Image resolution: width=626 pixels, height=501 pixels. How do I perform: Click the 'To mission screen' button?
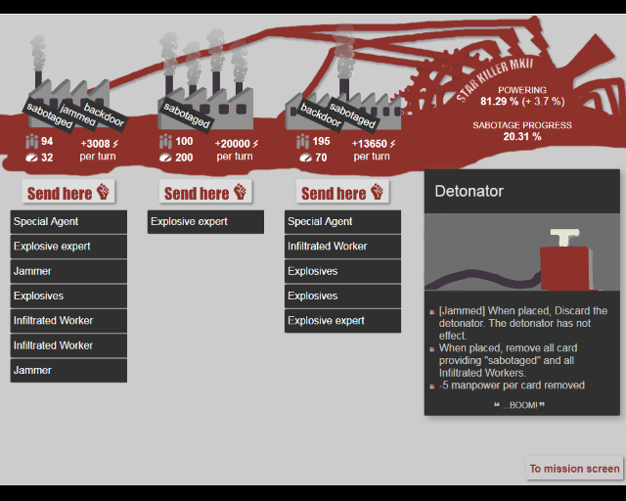[574, 469]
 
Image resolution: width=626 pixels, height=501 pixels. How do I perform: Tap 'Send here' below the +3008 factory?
[68, 192]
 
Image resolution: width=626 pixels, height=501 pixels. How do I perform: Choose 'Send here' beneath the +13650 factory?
[342, 192]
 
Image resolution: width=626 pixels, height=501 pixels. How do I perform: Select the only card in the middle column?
[205, 222]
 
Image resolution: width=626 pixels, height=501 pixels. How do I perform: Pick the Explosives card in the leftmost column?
[68, 296]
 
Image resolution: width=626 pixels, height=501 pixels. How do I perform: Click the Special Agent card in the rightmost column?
[342, 222]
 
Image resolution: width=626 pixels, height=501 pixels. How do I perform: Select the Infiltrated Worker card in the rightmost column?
[342, 247]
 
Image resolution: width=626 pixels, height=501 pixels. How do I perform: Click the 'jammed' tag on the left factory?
[77, 115]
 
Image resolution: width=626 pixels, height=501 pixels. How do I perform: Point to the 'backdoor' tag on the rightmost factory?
[321, 115]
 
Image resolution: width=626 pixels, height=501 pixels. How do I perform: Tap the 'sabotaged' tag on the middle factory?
[187, 115]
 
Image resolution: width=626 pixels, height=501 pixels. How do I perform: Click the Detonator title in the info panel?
[469, 192]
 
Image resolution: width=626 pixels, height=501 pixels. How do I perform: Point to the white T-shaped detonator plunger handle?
[564, 238]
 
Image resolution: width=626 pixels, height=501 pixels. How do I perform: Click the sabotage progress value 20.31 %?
[522, 137]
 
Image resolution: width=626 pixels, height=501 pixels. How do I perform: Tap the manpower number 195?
[321, 142]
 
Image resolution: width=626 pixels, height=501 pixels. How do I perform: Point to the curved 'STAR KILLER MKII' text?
[495, 79]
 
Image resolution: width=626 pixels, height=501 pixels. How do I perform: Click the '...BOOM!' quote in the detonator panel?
[519, 405]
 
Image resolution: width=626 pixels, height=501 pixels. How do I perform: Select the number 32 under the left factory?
[47, 158]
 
